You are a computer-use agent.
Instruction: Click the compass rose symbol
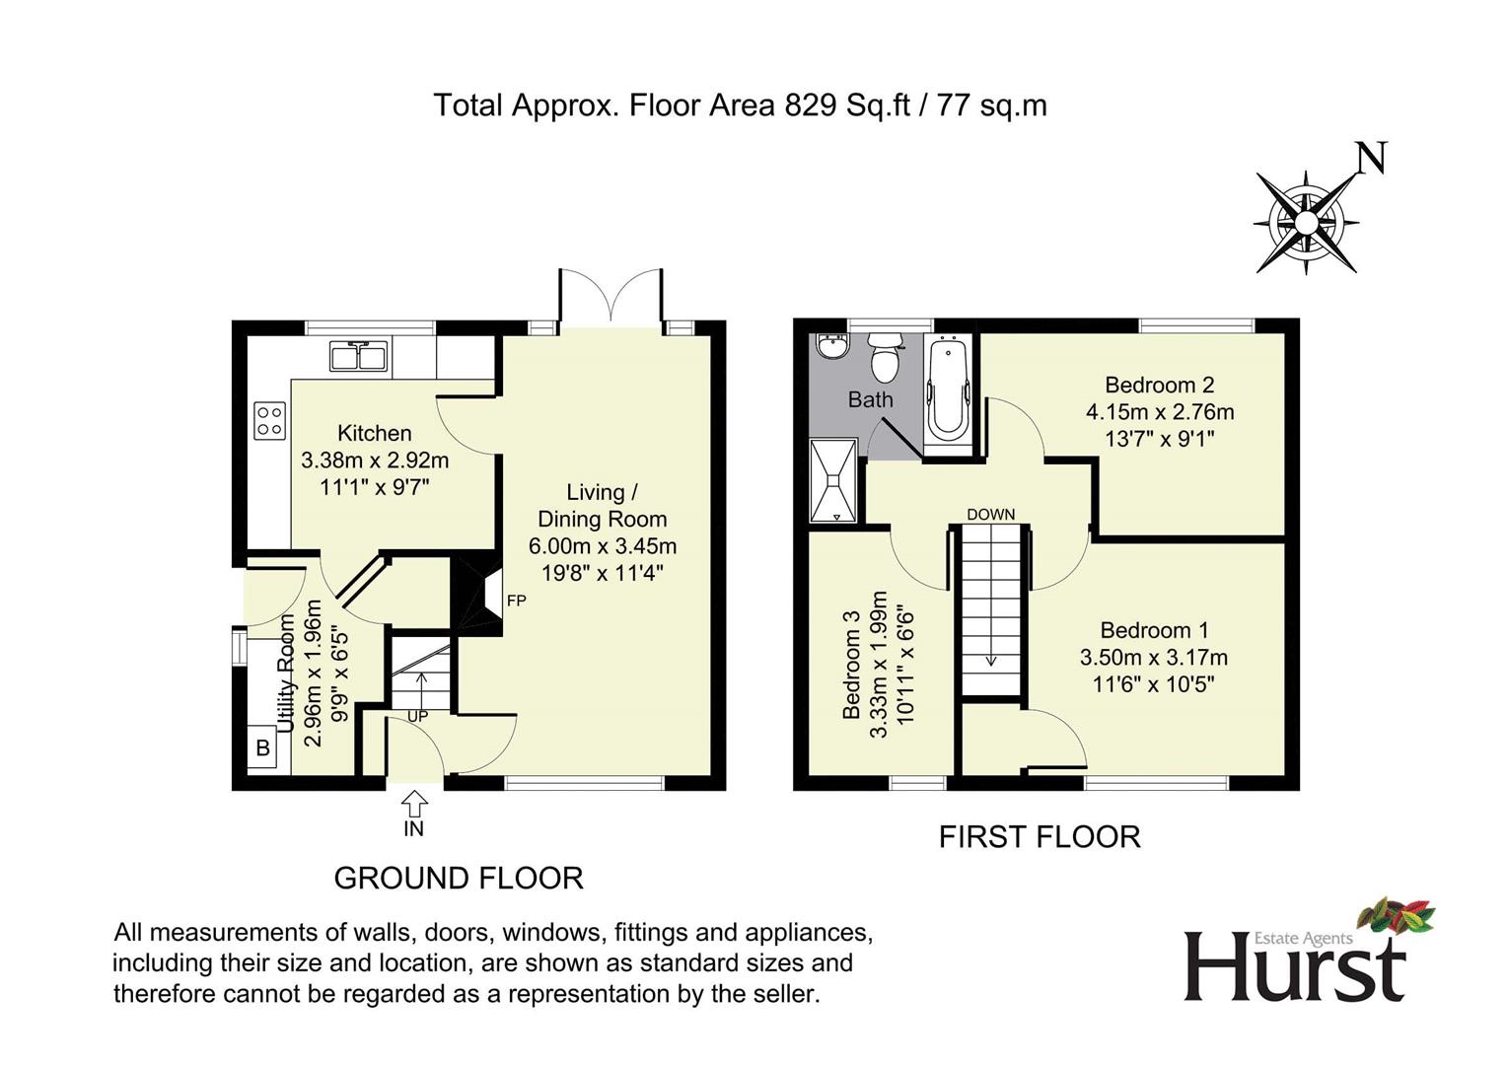1305,223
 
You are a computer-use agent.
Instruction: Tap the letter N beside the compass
1371,158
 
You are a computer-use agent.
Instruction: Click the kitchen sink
358,355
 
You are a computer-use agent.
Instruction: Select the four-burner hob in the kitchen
269,421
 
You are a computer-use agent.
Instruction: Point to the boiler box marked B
262,747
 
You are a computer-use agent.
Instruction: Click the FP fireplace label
516,601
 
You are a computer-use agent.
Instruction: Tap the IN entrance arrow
414,801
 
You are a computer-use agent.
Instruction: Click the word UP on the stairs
417,716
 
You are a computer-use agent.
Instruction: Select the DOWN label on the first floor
990,515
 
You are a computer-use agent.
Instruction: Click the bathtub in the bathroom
949,388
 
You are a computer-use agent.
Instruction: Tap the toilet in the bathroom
885,358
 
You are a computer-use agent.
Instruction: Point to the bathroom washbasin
833,348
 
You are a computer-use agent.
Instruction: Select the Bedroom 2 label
1159,385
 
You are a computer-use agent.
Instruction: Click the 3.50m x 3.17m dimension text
1153,658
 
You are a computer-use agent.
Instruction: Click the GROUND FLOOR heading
459,878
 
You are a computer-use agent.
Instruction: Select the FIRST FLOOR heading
1040,837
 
